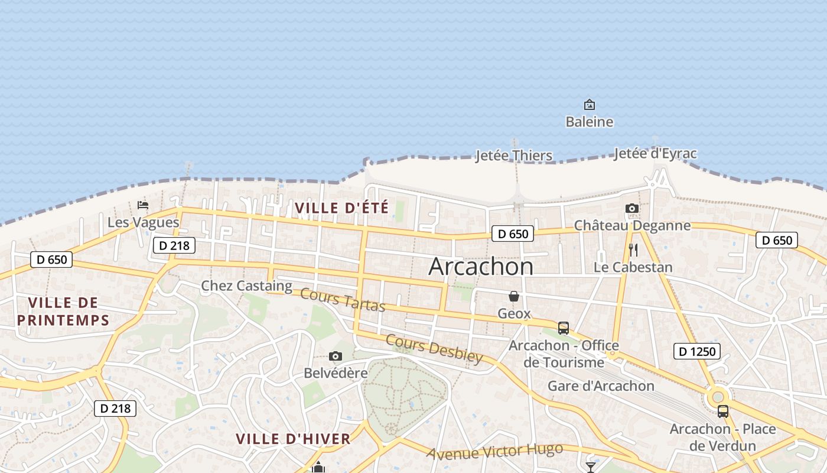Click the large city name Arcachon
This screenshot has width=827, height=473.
pos(481,267)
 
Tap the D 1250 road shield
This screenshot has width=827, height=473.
pos(696,352)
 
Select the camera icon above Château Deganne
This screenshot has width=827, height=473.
pos(632,208)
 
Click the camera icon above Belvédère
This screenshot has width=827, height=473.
pos(336,356)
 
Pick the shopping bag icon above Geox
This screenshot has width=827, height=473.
pos(514,296)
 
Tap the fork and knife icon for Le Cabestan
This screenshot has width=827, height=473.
pos(633,250)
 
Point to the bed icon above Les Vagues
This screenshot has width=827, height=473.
pos(143,205)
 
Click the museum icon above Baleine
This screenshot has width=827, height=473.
pos(589,105)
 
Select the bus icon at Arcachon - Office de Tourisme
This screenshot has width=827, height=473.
pos(563,328)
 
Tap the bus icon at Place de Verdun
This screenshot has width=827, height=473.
pos(722,412)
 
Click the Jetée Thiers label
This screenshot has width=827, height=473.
pos(514,155)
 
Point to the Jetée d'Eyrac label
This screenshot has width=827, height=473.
pos(655,154)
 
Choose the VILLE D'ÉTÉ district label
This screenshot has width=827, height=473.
pos(341,208)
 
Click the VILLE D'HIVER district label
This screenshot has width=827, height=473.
pos(293,439)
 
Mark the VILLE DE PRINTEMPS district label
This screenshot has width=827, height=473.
pos(63,312)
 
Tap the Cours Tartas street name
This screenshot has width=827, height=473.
pos(343,300)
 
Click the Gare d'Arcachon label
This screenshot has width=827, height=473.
pos(601,386)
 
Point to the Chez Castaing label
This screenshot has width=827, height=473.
pos(246,286)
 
